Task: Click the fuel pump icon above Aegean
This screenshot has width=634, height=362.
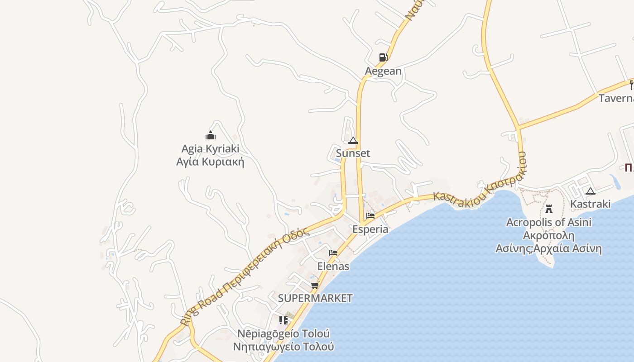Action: [383, 57]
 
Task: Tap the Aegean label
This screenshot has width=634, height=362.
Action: [383, 71]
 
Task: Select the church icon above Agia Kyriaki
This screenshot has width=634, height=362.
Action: [210, 135]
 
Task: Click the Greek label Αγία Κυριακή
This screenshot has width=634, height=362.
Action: [210, 162]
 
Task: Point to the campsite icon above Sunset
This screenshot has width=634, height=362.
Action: [353, 140]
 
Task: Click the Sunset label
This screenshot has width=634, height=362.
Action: [353, 153]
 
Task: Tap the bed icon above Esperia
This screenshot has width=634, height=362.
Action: [370, 216]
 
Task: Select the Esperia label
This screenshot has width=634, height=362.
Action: [370, 229]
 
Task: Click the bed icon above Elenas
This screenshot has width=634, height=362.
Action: [333, 253]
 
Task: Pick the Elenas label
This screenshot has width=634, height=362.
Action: [333, 266]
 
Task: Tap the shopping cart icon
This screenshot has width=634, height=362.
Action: [315, 285]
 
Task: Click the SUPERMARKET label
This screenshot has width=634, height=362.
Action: [315, 298]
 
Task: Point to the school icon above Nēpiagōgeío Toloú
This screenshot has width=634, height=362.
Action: [283, 320]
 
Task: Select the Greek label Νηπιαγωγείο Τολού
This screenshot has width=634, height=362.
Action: [283, 347]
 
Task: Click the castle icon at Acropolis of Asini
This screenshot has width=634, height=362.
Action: [549, 209]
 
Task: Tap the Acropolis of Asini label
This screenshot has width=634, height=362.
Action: [549, 222]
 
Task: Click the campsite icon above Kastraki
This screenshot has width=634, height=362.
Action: [590, 191]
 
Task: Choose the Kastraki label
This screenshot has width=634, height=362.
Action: [590, 204]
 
